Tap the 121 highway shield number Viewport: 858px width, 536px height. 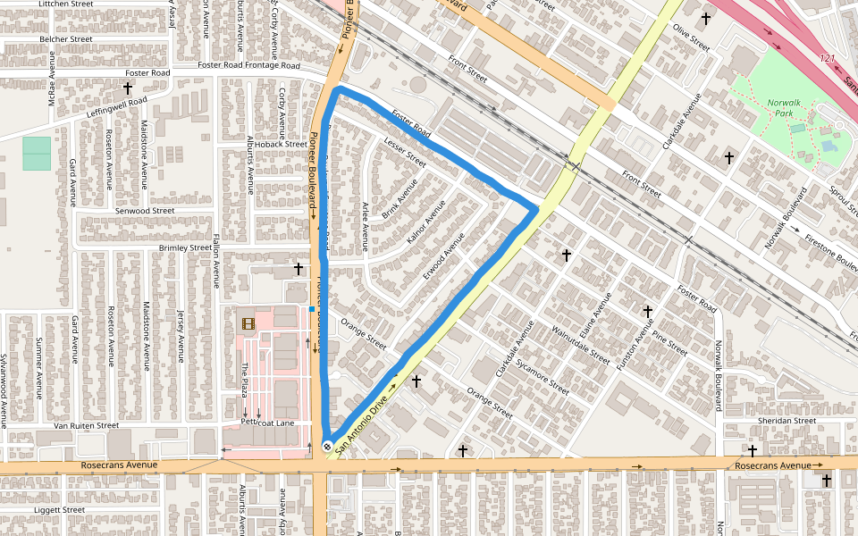point(828,59)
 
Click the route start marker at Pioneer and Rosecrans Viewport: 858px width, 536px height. point(328,447)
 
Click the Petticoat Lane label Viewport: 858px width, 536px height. point(267,423)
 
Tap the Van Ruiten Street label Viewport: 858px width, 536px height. point(86,425)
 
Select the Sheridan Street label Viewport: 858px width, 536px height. point(786,420)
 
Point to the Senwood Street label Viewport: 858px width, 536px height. point(144,211)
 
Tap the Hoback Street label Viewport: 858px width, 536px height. point(281,144)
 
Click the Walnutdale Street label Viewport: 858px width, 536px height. point(581,343)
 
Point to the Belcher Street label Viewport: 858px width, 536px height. point(66,39)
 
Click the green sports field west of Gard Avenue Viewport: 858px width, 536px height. point(37,153)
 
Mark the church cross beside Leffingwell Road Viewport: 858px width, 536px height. point(128,88)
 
